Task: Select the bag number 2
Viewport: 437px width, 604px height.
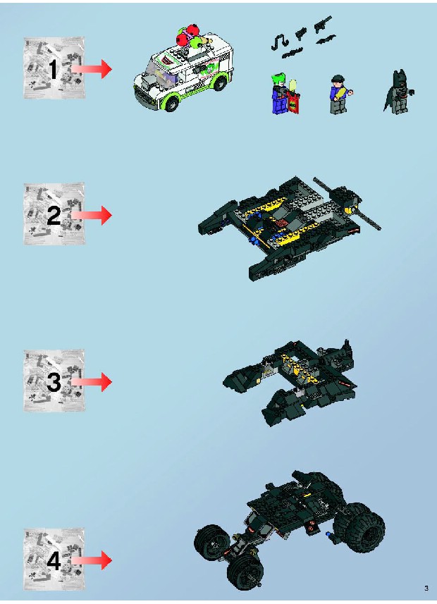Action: tap(54, 216)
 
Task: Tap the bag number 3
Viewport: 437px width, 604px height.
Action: tap(54, 382)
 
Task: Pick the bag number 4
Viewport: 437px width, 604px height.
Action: tap(54, 561)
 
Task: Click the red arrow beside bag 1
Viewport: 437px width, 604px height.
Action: tap(92, 69)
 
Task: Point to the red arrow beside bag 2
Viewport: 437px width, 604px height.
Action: tap(92, 215)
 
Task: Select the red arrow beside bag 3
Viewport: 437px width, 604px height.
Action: tap(92, 382)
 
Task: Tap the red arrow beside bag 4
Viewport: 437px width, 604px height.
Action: tap(92, 560)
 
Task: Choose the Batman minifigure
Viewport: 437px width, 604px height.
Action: tap(398, 92)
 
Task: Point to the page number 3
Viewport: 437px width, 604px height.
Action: tap(426, 588)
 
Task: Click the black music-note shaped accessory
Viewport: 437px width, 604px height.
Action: tap(279, 41)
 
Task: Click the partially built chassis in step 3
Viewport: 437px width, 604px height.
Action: tap(290, 382)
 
